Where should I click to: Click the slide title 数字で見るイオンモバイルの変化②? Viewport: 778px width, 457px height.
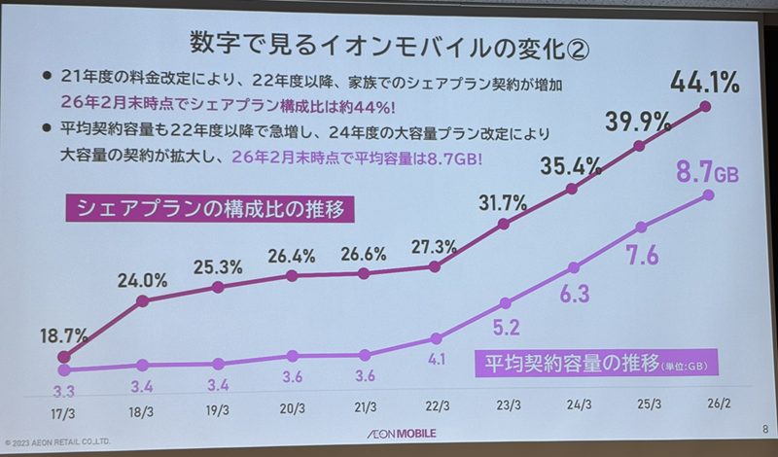[388, 47]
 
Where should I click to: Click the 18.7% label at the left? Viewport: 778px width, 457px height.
[63, 335]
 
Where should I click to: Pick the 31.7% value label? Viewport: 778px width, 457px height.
[503, 203]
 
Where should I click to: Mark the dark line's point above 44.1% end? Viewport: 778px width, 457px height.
[705, 106]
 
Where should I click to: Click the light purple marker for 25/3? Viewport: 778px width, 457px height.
[640, 228]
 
